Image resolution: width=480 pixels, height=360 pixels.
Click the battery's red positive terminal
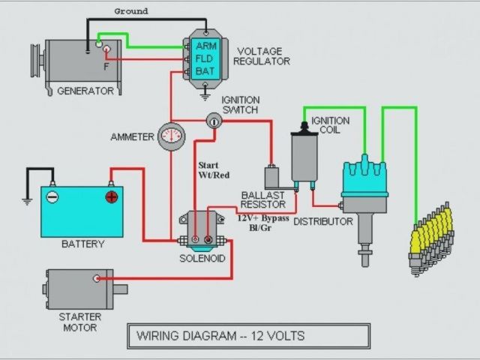[x=111, y=197]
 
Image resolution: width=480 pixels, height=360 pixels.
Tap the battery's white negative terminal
[x=52, y=197]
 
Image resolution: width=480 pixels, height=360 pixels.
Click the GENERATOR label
[x=85, y=91]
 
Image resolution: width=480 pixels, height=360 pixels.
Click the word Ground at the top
[x=130, y=11]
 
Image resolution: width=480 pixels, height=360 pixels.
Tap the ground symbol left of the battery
[x=25, y=200]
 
